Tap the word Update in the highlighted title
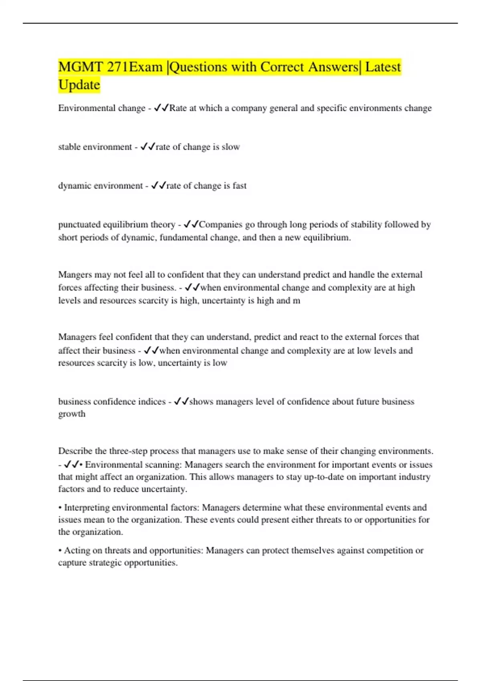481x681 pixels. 79,85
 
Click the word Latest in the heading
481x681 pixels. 383,67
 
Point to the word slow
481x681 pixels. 231,147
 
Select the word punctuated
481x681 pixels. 79,225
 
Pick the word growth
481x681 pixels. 72,414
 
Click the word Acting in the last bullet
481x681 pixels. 77,550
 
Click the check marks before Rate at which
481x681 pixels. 161,108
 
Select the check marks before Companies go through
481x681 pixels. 191,225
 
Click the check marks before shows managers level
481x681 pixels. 181,401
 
